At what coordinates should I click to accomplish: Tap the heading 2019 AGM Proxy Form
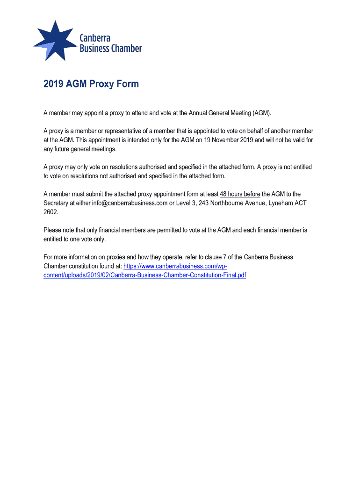91,84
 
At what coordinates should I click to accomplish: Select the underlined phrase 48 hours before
240,194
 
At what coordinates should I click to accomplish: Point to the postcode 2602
50,212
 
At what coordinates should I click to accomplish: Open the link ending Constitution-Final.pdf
144,275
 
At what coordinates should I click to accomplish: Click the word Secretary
57,203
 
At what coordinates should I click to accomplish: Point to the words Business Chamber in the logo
110,48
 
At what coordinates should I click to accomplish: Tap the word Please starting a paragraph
53,230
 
